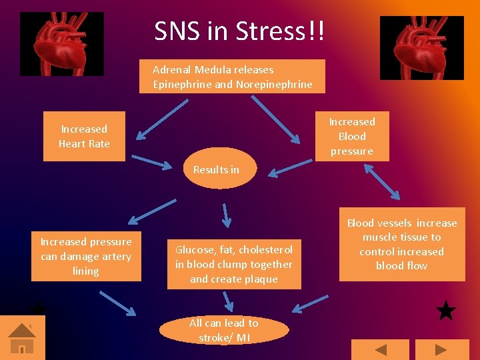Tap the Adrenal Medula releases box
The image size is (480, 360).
click(x=232, y=77)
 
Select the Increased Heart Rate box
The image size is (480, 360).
click(x=84, y=137)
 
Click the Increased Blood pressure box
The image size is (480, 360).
click(x=351, y=137)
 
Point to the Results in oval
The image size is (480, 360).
click(x=216, y=169)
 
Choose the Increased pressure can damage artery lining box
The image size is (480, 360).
click(x=86, y=257)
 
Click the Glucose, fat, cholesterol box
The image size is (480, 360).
click(x=234, y=264)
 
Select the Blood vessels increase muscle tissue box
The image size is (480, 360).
click(x=401, y=245)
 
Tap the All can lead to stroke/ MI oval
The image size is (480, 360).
click(x=224, y=330)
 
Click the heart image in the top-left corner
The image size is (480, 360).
click(x=62, y=44)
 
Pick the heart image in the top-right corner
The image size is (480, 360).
click(x=421, y=48)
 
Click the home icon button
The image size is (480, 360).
click(x=22, y=338)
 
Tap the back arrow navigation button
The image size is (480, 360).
click(x=380, y=350)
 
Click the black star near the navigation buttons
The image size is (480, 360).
click(x=445, y=311)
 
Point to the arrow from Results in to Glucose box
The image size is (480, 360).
click(x=226, y=215)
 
